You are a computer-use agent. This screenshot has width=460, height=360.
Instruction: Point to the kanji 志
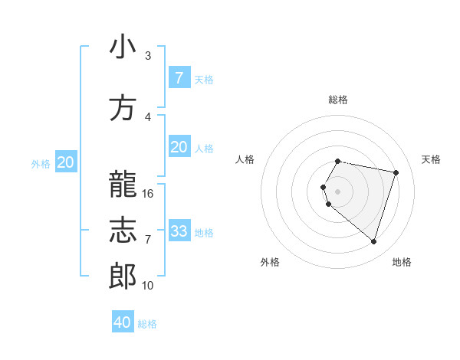[x=123, y=231]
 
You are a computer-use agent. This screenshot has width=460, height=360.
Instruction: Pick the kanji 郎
[x=123, y=277]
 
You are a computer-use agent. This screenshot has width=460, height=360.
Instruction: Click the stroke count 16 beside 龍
[x=148, y=194]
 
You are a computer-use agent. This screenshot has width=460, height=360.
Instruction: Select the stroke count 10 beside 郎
[x=148, y=286]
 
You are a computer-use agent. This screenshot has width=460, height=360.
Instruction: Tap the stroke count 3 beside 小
[x=148, y=56]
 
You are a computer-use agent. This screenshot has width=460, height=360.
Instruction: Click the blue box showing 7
[x=179, y=78]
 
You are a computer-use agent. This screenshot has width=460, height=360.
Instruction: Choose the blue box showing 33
[x=179, y=231]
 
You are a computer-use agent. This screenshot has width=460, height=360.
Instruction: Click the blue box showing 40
[x=123, y=322]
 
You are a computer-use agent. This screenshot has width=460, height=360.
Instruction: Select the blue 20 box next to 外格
[x=66, y=162]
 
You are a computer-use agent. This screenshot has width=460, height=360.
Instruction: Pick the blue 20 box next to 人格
[x=179, y=147]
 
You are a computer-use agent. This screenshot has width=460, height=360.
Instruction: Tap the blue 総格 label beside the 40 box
[x=147, y=324]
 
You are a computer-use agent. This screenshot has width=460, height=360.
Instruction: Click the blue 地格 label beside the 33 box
[x=204, y=232]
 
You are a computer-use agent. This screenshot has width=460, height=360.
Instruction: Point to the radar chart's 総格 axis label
[x=338, y=100]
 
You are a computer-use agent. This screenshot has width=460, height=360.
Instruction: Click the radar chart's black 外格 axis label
[x=270, y=262]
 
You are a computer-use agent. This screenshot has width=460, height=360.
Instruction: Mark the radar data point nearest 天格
[x=396, y=172]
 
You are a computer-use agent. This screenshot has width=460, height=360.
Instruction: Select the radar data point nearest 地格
[x=373, y=242]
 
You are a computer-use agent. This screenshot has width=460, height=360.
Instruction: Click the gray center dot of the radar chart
[x=338, y=191]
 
